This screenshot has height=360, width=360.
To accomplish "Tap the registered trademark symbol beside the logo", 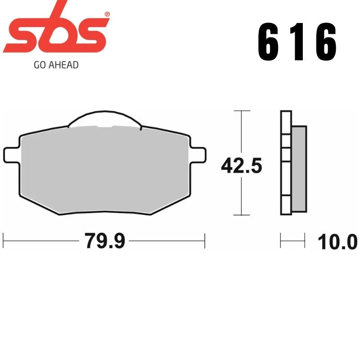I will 107,14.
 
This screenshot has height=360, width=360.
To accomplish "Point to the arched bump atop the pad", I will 104,118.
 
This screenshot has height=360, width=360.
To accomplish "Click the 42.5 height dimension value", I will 241,166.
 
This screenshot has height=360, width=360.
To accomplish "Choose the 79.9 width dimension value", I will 104,242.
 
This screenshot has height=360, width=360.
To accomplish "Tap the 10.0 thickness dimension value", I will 337,242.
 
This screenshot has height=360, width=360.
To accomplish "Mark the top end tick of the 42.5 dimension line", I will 242,111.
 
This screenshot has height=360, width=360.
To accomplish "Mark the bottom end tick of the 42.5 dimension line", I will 242,216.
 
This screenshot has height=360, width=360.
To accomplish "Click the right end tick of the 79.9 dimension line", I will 205,241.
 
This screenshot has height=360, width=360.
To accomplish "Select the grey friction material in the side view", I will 299,168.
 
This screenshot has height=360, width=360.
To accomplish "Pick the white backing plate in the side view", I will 285,162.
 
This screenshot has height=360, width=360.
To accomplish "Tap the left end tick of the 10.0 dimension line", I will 281,240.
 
